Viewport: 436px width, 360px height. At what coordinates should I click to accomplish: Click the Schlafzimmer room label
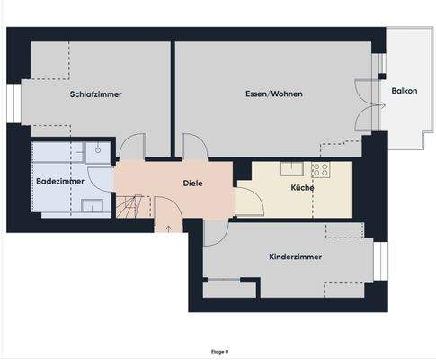95,94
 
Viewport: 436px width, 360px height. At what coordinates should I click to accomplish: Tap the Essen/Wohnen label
273,94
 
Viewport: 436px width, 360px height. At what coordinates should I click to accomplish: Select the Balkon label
404,91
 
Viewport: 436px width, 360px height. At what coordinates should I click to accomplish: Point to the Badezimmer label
60,182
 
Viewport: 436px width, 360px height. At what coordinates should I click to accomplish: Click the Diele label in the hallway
192,183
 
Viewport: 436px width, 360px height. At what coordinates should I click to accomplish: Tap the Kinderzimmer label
295,256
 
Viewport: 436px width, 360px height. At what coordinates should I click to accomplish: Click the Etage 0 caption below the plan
219,351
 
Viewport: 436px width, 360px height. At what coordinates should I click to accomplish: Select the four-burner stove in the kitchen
321,168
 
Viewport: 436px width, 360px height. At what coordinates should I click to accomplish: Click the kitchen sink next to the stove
291,168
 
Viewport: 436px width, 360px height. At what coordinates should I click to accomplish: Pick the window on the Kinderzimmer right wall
379,261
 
